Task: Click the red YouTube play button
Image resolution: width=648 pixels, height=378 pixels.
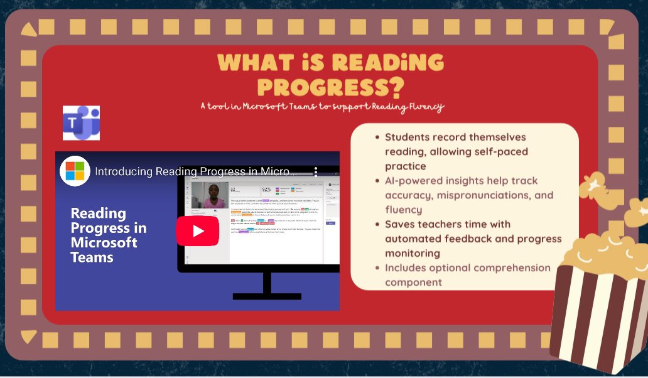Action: pos(197,230)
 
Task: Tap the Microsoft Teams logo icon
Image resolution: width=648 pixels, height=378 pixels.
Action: pos(81,122)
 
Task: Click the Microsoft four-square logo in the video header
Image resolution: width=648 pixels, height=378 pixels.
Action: pos(75,170)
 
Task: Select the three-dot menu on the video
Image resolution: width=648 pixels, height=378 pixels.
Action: pos(316,171)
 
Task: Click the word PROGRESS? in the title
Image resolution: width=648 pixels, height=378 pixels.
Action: pos(331,86)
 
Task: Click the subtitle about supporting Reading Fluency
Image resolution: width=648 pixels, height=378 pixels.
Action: pos(322,107)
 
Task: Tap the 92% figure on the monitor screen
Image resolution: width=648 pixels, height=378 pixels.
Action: pos(266,189)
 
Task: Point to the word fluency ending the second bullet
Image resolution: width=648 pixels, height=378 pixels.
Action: pos(403,210)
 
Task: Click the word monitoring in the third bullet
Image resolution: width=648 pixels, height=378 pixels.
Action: pos(414,253)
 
